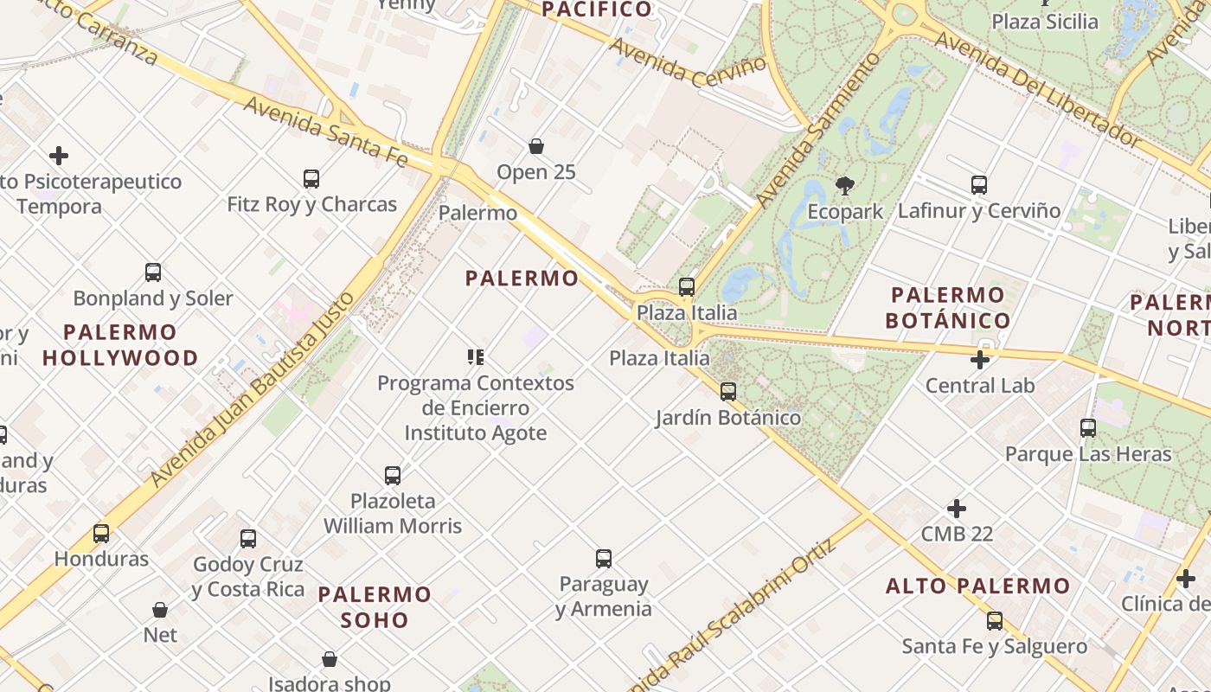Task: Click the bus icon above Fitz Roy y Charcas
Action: pyautogui.click(x=311, y=179)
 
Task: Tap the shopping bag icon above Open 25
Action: pyautogui.click(x=536, y=146)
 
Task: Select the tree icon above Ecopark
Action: pyautogui.click(x=845, y=185)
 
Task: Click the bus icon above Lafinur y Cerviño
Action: pyautogui.click(x=979, y=185)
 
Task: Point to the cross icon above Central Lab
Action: pyautogui.click(x=980, y=360)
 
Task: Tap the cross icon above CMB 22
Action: pyautogui.click(x=957, y=509)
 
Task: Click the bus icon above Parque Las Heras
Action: pyautogui.click(x=1088, y=428)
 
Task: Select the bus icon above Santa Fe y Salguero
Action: pyautogui.click(x=995, y=620)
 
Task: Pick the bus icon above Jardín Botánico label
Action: pyautogui.click(x=728, y=392)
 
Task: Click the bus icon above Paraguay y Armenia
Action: pyautogui.click(x=604, y=559)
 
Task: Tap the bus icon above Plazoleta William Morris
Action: pyautogui.click(x=393, y=476)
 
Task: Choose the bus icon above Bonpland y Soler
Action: pyautogui.click(x=153, y=272)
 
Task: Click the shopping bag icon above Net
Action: pyautogui.click(x=160, y=610)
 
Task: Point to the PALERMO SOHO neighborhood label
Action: pyautogui.click(x=375, y=607)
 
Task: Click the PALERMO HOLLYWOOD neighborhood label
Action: pyautogui.click(x=120, y=344)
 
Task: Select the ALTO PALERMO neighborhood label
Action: pyautogui.click(x=977, y=586)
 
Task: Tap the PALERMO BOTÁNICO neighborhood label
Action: pyautogui.click(x=948, y=307)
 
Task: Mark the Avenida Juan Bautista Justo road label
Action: pyautogui.click(x=253, y=389)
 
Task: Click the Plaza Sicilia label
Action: pyautogui.click(x=1045, y=22)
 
